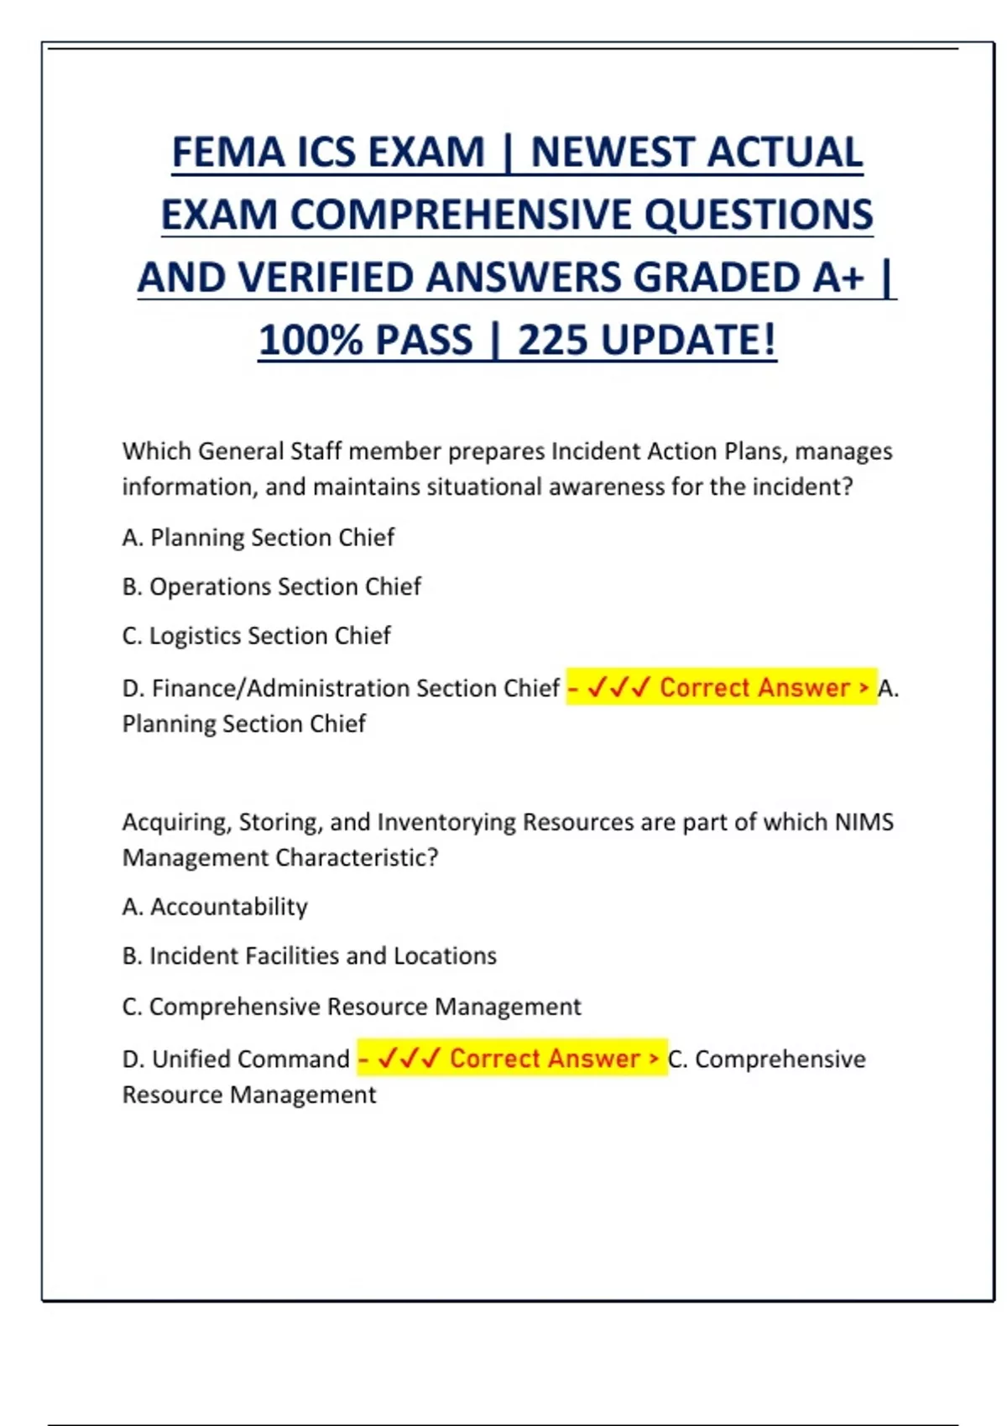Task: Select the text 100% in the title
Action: [310, 341]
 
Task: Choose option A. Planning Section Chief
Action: [258, 537]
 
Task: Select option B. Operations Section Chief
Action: [271, 586]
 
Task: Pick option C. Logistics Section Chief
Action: [256, 636]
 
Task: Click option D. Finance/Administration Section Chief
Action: [341, 688]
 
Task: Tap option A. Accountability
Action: [215, 907]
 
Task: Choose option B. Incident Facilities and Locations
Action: [309, 956]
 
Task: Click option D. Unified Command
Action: [236, 1059]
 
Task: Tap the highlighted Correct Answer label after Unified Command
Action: [512, 1059]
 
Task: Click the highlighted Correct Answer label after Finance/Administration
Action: [722, 688]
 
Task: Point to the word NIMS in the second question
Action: [864, 822]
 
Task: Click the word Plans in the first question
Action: [756, 451]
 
